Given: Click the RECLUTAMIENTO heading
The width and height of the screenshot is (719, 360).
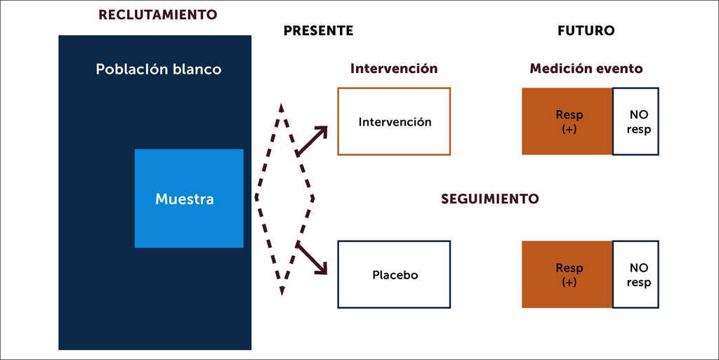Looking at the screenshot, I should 158,15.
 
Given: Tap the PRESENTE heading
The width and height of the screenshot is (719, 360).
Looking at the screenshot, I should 318,31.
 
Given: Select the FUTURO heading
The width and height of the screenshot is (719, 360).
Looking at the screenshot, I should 586,31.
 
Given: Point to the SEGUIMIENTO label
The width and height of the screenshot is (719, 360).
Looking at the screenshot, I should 490,199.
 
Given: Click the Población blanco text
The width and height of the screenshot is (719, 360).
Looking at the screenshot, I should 158,69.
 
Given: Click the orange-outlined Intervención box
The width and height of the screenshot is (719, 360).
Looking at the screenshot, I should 394,121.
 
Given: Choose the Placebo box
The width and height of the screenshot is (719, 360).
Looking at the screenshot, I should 394,274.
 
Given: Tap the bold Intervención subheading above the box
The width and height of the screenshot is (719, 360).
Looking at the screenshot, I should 394,69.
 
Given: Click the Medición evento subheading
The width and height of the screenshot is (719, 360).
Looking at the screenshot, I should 586,69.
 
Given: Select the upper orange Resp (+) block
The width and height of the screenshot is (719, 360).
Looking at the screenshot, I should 567,121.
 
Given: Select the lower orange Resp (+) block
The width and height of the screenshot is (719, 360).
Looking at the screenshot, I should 567,274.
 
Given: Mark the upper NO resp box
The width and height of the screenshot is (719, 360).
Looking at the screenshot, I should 636,121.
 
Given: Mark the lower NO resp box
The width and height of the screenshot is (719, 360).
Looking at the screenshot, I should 636,274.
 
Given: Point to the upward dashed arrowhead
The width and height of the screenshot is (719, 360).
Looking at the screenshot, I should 282,109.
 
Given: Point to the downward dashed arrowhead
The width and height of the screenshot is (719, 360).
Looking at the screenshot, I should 282,290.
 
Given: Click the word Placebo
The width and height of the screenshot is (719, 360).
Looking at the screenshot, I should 395,275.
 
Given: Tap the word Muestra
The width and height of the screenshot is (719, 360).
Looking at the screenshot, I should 185,199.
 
